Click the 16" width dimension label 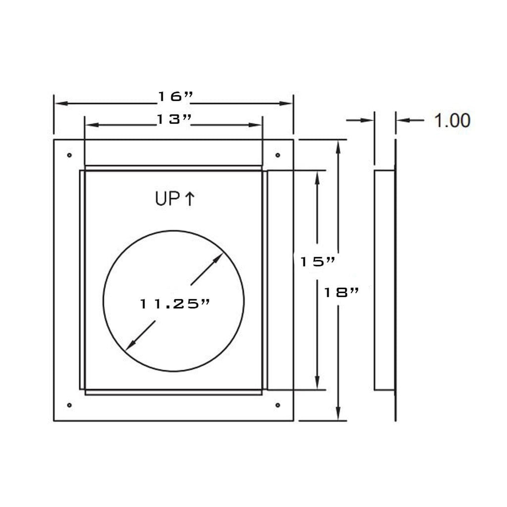[175, 97]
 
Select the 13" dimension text [174, 119]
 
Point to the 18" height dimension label [341, 292]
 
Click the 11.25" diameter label [175, 304]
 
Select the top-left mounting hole [69, 155]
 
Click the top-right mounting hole [278, 155]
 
